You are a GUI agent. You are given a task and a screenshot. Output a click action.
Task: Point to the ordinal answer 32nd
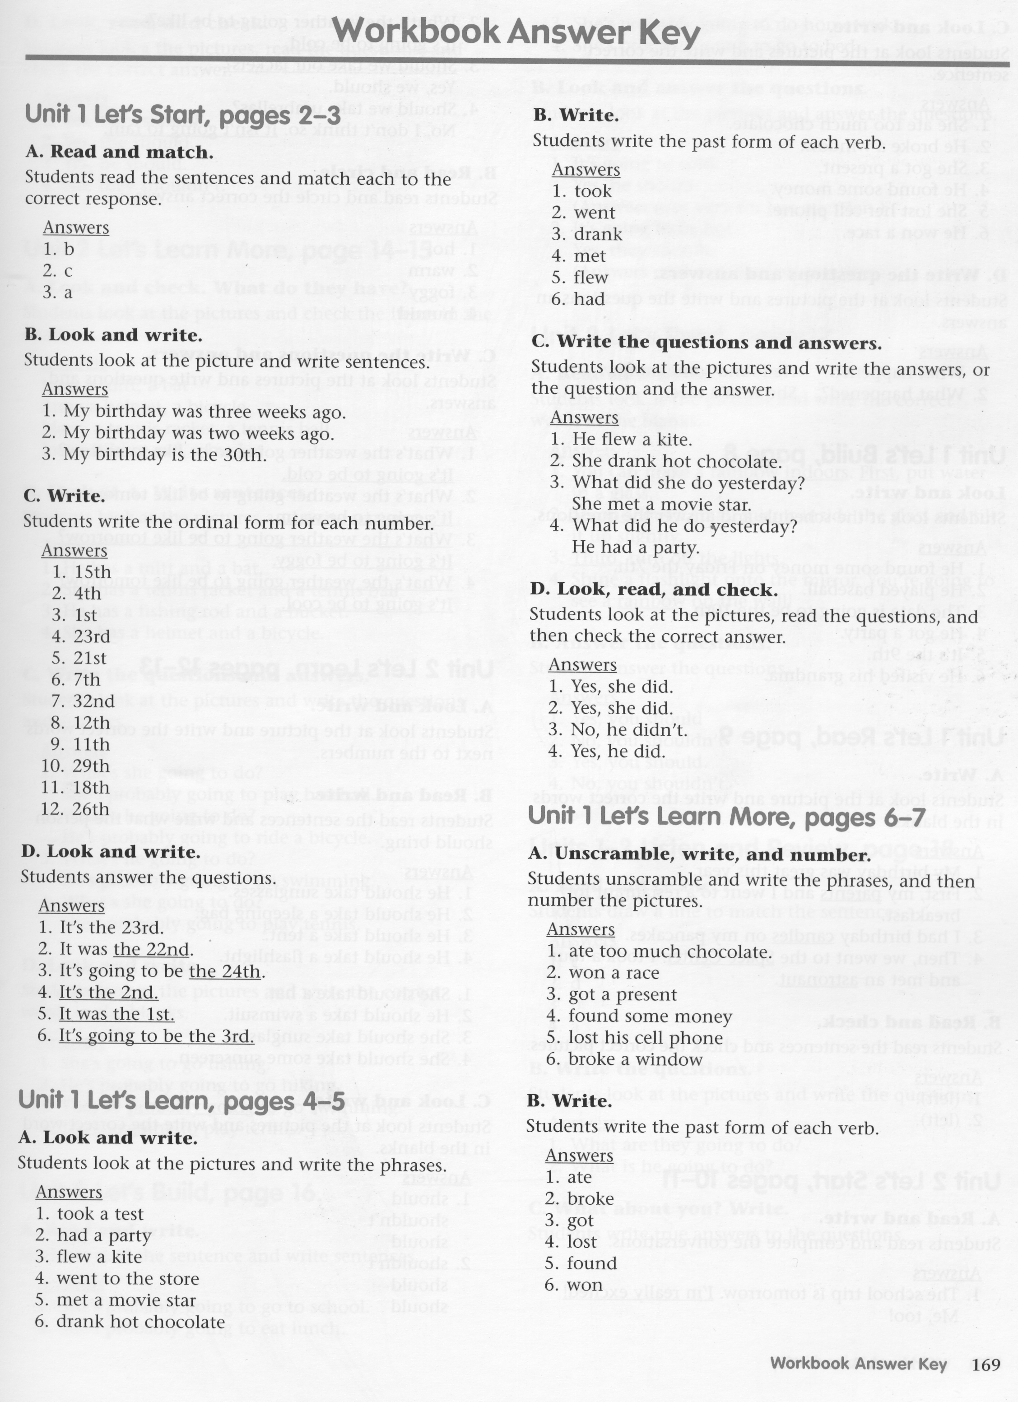point(92,701)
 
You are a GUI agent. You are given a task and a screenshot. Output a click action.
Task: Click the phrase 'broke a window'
point(635,1059)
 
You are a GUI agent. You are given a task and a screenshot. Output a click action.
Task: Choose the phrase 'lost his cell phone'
point(645,1038)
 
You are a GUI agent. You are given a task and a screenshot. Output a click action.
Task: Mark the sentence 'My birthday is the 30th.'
point(164,455)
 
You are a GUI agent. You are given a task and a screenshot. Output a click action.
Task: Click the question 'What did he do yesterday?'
point(684,527)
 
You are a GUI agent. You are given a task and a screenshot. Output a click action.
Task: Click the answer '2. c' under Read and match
point(58,271)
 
